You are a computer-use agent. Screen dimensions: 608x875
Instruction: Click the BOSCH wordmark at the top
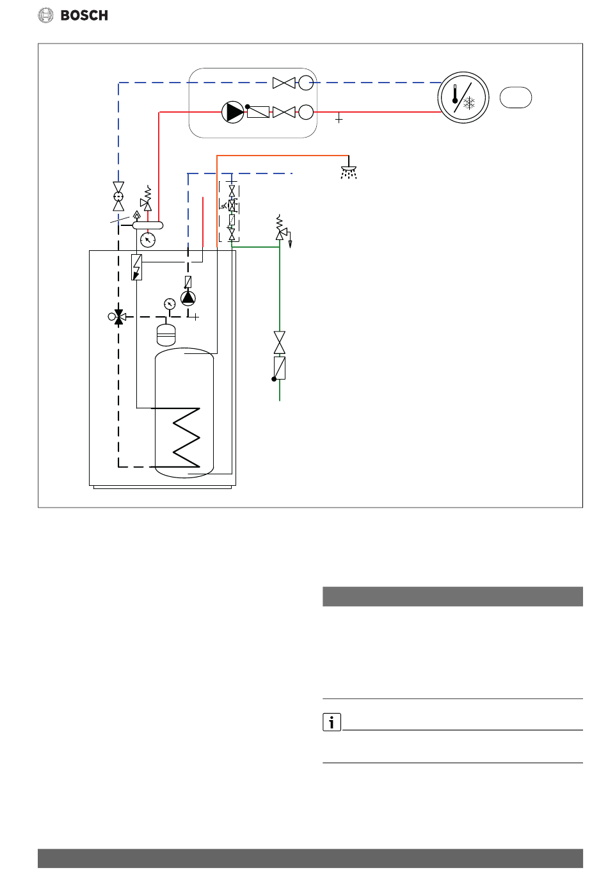[x=84, y=15]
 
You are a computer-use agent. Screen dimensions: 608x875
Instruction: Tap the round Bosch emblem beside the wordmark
[x=45, y=15]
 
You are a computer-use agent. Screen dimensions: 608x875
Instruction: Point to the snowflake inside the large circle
[x=468, y=104]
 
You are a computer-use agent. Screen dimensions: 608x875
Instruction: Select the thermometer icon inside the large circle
[x=455, y=94]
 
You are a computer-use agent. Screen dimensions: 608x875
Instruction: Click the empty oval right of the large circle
[x=515, y=97]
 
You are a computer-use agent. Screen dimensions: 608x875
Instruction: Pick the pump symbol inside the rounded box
[x=233, y=112]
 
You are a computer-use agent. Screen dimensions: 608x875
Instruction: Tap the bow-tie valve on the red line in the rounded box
[x=284, y=112]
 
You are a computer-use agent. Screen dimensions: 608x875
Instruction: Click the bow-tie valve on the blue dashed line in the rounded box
[x=284, y=83]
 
